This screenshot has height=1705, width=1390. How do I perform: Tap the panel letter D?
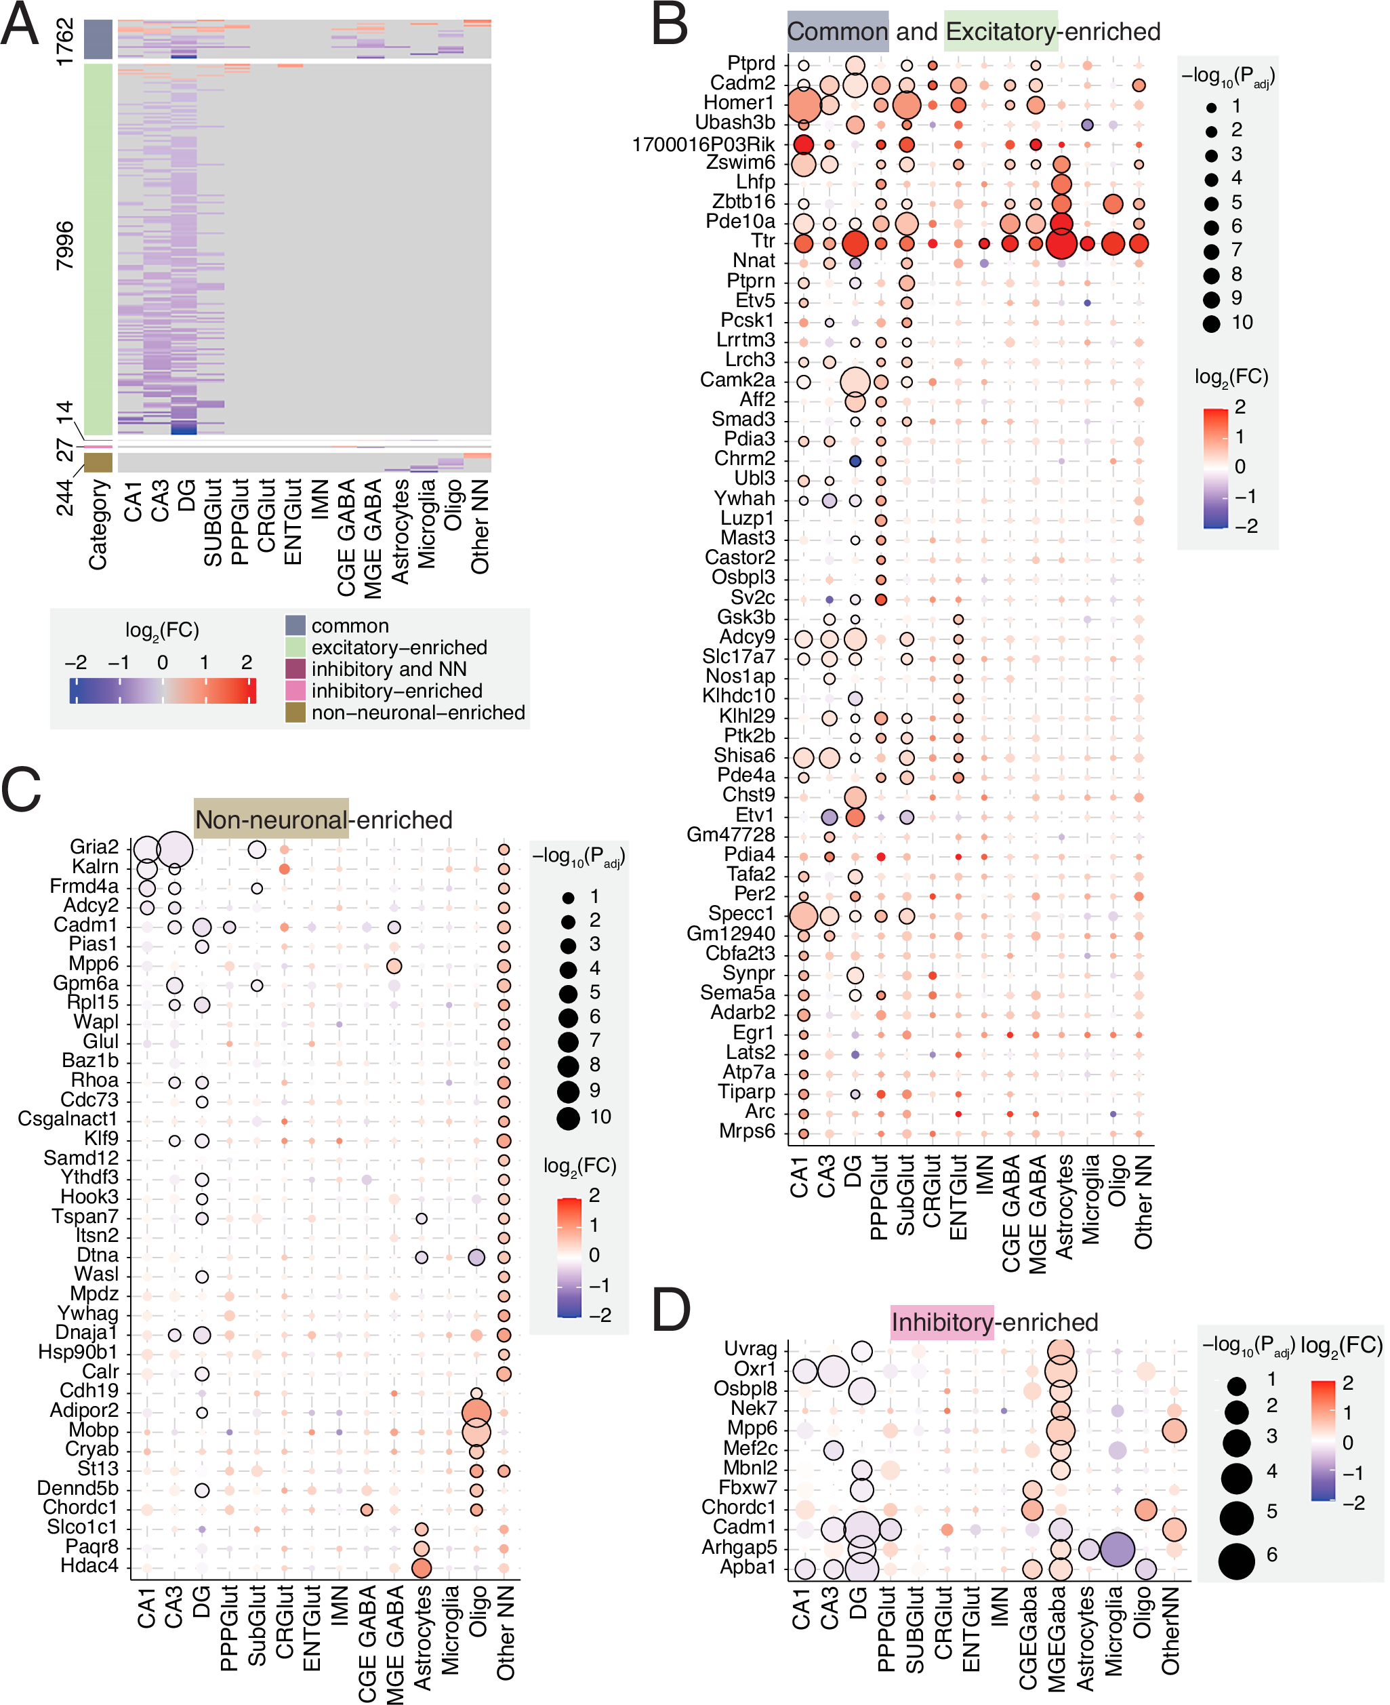click(x=671, y=1311)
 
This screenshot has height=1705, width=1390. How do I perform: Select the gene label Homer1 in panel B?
click(x=738, y=102)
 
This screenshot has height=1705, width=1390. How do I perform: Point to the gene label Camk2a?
click(x=737, y=380)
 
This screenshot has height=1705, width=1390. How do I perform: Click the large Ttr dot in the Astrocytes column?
click(x=1060, y=243)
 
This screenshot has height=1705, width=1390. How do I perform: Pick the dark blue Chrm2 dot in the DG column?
click(x=855, y=461)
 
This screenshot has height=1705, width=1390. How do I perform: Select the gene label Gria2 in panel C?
click(x=94, y=847)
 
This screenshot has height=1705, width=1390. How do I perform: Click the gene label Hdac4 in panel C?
click(x=89, y=1565)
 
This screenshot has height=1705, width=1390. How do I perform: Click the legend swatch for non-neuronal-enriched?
click(x=295, y=712)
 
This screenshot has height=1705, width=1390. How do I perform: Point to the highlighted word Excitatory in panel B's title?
click(x=1000, y=32)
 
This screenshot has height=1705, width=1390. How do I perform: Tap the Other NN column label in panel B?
click(x=1142, y=1201)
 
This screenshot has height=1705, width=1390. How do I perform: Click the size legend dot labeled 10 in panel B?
click(x=1210, y=323)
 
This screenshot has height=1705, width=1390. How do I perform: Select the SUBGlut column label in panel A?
click(x=213, y=522)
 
